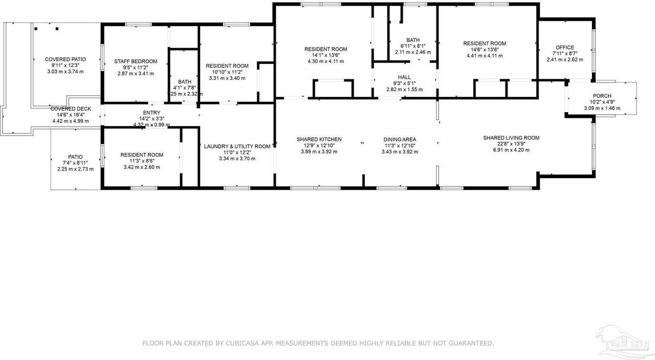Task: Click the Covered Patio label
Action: [x=65, y=59]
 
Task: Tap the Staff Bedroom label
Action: [x=136, y=61]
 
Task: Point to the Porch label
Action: [x=602, y=96]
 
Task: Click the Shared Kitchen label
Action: [x=319, y=139]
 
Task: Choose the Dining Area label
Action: [x=400, y=139]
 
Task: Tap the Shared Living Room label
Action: [x=511, y=138]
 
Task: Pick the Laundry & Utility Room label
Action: [x=237, y=146]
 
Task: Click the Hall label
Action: [x=404, y=77]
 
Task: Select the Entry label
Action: [x=151, y=113]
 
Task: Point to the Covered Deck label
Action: [x=70, y=109]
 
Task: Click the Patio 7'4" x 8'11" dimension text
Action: [x=75, y=163]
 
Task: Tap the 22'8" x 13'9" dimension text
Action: [x=511, y=144]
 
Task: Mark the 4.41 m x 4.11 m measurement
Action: [x=484, y=56]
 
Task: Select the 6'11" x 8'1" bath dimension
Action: [x=412, y=46]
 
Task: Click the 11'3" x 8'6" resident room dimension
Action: [x=142, y=161]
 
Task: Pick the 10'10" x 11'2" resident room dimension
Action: [x=227, y=72]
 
